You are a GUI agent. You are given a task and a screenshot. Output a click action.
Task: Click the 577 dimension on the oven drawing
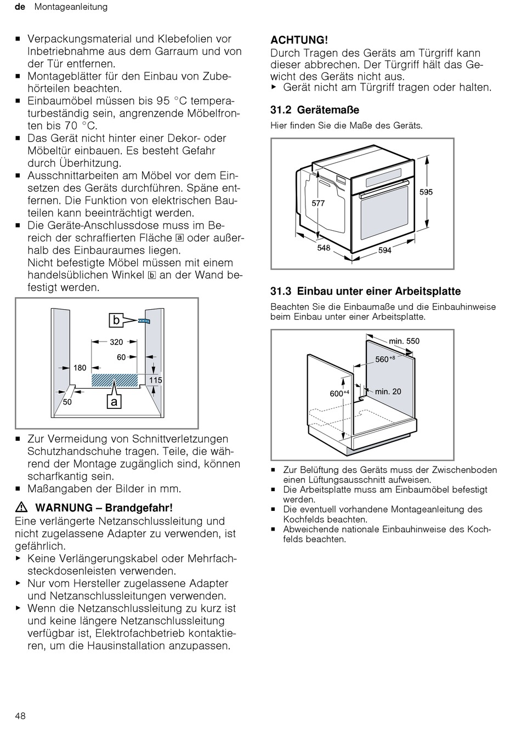(318, 203)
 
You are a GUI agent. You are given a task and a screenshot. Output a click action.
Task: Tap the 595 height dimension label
(426, 192)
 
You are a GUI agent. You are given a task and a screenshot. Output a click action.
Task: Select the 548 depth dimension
(324, 248)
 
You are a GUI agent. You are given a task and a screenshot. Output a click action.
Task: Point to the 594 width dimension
(385, 251)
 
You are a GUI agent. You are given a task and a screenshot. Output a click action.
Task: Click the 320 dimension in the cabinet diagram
(116, 342)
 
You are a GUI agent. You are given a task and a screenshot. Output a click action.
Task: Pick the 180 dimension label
(80, 368)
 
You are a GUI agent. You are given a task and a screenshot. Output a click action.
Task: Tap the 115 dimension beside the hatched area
(155, 380)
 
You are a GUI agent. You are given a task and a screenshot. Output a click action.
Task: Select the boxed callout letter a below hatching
(114, 402)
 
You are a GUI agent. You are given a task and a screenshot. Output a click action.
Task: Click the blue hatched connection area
(115, 380)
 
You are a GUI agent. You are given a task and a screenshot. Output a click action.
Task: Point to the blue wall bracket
(144, 321)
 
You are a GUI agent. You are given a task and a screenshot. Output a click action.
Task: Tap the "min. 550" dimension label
(404, 341)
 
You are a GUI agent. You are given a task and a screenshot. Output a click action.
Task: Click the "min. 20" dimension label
(388, 391)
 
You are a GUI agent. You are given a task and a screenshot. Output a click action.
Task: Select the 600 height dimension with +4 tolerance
(339, 393)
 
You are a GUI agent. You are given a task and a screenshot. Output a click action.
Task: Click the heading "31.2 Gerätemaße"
(315, 110)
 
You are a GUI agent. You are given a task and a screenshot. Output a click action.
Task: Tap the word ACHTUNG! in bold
(299, 40)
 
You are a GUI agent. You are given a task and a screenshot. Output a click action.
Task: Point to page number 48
(20, 716)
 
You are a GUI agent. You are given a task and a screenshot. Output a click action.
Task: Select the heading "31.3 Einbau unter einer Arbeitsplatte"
(366, 292)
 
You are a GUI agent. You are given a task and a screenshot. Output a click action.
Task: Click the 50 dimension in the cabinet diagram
(67, 402)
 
